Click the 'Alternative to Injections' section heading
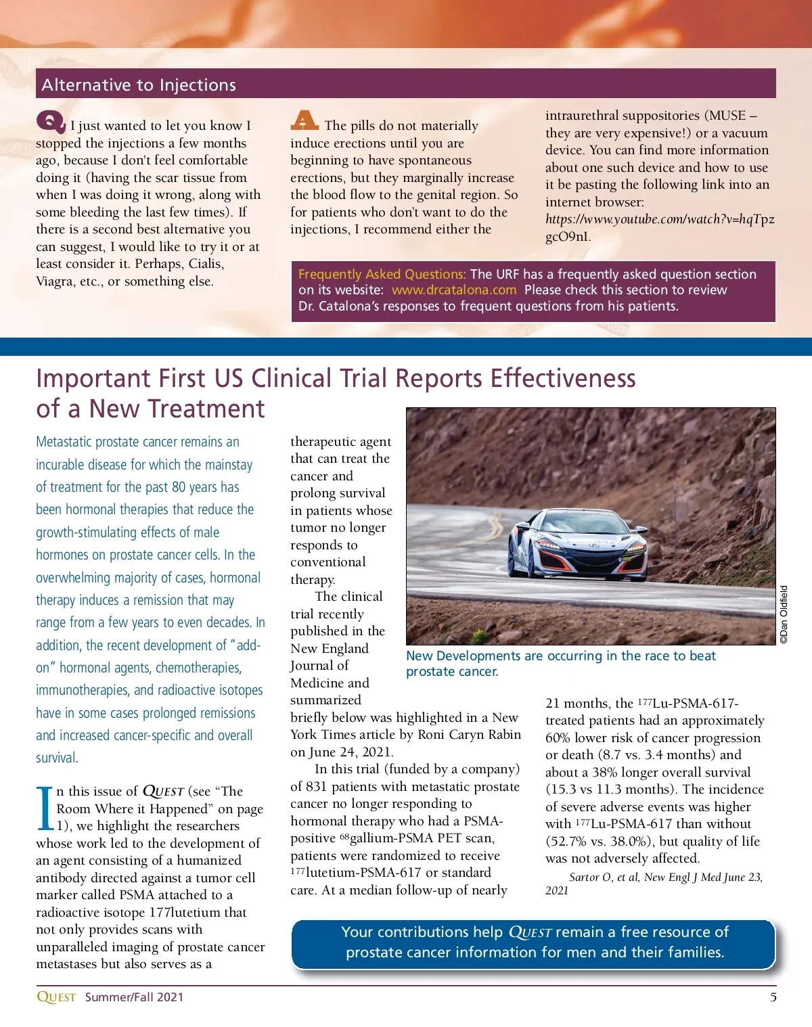tap(139, 85)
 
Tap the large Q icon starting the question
tap(51, 122)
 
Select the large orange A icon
tap(304, 120)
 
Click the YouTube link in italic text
tap(660, 219)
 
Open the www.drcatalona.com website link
tap(453, 290)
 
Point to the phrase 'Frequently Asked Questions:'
tap(382, 274)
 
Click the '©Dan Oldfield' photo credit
tap(784, 614)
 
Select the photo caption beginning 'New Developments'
tap(560, 663)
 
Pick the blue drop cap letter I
tap(45, 808)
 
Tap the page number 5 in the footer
tap(773, 997)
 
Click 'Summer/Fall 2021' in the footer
tap(134, 997)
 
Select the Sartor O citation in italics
tap(654, 883)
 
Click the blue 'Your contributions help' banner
tap(534, 942)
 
